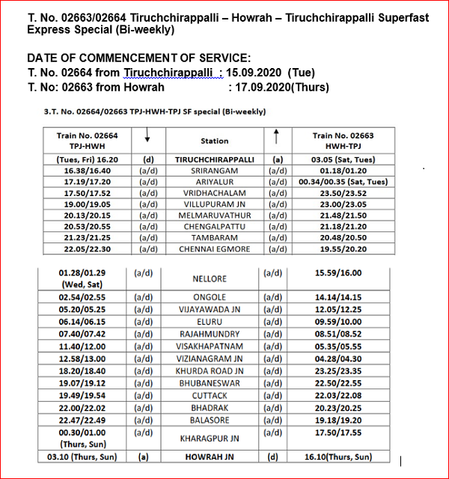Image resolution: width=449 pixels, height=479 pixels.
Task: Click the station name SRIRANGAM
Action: pyautogui.click(x=215, y=170)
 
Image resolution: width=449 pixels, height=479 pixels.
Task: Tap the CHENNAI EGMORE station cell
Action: pyautogui.click(x=215, y=248)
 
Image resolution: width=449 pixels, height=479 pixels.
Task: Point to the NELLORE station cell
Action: pyautogui.click(x=210, y=278)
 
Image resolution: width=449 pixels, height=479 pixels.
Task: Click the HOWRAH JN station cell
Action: pyautogui.click(x=209, y=457)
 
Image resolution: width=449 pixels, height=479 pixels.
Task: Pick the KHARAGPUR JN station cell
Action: pyautogui.click(x=209, y=437)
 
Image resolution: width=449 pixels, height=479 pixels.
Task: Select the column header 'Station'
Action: pyautogui.click(x=215, y=141)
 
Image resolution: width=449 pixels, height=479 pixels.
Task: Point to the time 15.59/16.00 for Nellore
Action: pyautogui.click(x=340, y=274)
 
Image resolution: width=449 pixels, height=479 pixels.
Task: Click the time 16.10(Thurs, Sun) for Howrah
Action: pyautogui.click(x=340, y=457)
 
